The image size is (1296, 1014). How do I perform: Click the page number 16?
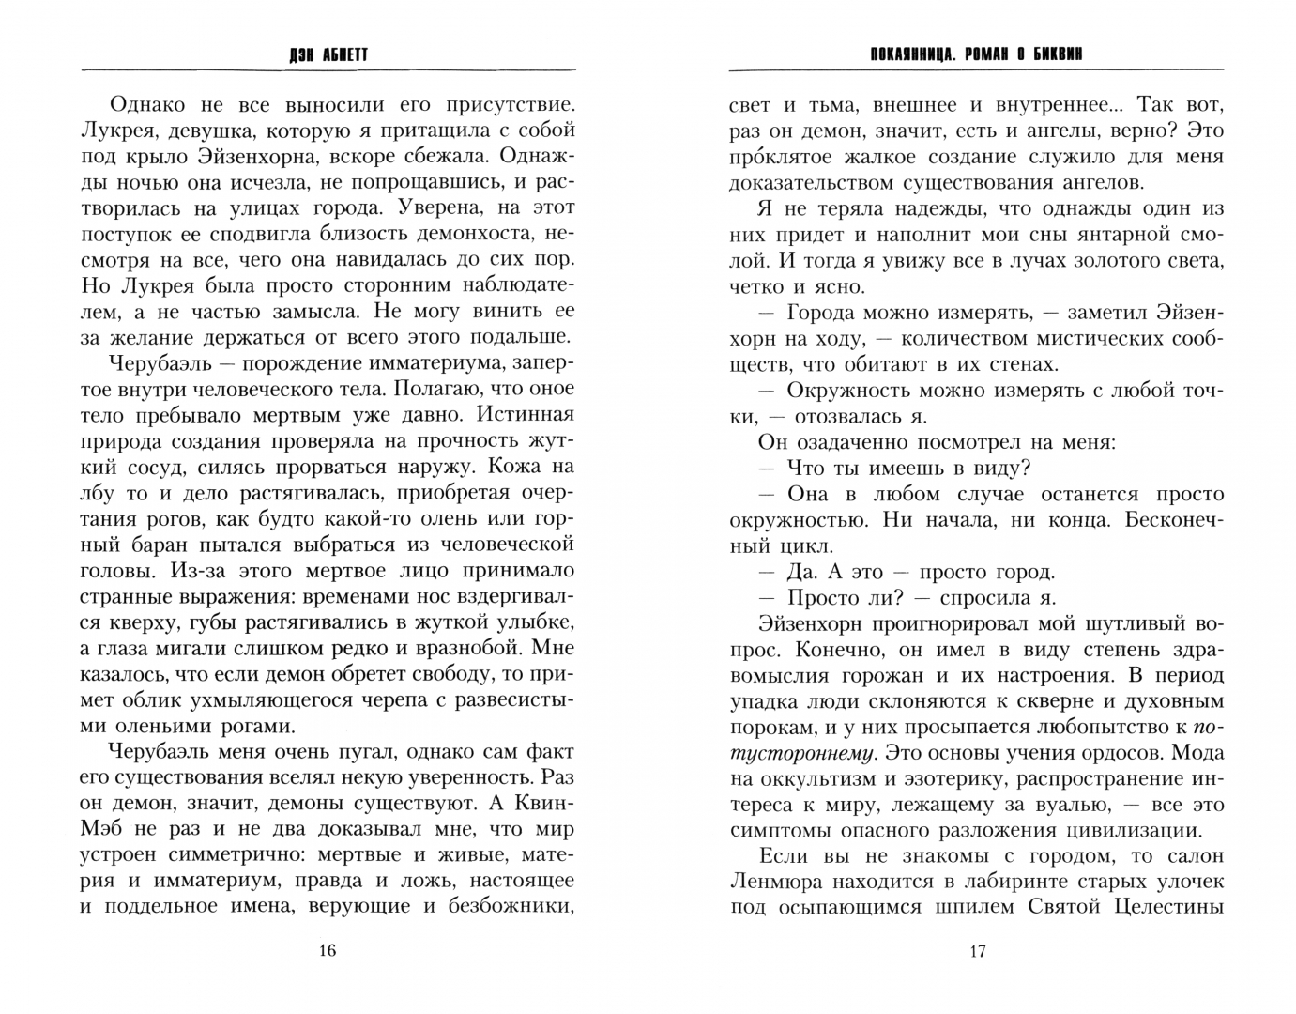tap(327, 950)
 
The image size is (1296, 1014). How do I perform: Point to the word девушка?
tap(206, 130)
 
